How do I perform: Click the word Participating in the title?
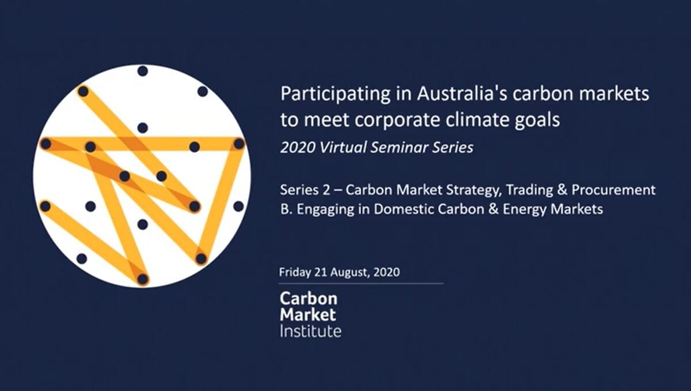click(335, 94)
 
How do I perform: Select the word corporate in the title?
click(397, 121)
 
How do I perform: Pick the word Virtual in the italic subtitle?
click(343, 147)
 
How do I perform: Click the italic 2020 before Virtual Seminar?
click(298, 148)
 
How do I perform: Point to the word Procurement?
click(614, 190)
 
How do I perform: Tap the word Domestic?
click(403, 209)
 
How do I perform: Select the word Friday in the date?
click(295, 272)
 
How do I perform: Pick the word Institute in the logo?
click(310, 331)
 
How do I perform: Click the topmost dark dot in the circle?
click(143, 71)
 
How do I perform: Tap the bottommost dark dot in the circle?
click(143, 279)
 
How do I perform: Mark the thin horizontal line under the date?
click(361, 284)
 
